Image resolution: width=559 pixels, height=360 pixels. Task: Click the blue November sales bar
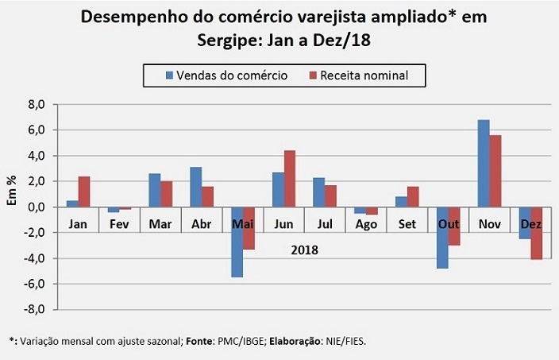coord(484,164)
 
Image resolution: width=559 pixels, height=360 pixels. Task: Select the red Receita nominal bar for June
coord(290,179)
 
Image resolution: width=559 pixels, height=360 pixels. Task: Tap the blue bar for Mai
coord(237,242)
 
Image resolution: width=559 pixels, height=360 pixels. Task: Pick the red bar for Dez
coord(537,234)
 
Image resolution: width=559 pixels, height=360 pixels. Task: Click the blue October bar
coord(442,238)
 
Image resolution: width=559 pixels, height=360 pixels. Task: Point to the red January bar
coord(84,192)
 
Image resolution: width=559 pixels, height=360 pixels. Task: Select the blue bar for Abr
coord(195,187)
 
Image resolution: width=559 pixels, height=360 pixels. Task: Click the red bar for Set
coord(413,196)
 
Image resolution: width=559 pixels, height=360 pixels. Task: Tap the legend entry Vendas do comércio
coord(227,75)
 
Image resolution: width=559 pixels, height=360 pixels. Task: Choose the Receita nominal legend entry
coord(359,75)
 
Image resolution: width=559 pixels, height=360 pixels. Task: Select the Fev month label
coord(119,224)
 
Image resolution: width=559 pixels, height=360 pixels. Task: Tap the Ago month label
coord(366,224)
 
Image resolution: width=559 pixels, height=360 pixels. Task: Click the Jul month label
coord(325,224)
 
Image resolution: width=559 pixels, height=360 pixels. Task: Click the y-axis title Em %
coord(12,190)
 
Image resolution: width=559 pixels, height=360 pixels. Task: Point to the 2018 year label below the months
coord(304,250)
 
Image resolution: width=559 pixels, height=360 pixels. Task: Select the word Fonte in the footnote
coord(199,341)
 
